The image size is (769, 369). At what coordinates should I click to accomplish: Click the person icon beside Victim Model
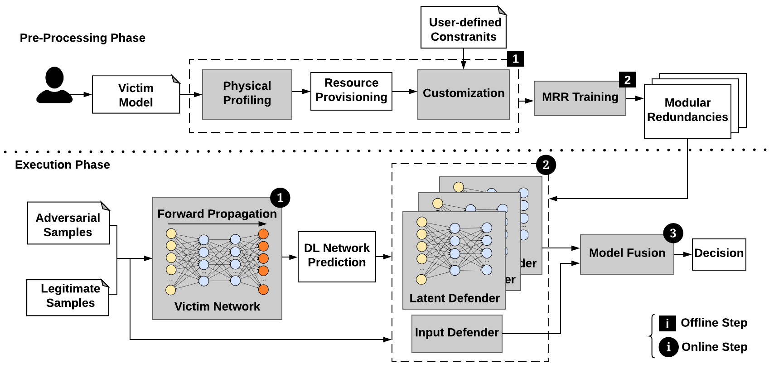[x=54, y=85]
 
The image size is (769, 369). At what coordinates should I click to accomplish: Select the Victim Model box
[x=135, y=95]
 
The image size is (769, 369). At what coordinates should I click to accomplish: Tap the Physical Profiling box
[x=247, y=94]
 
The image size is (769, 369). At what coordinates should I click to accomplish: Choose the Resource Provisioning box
[x=351, y=91]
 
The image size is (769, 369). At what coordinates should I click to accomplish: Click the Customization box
[x=463, y=94]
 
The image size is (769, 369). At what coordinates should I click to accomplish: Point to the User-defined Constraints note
[x=463, y=28]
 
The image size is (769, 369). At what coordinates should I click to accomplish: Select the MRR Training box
[x=580, y=98]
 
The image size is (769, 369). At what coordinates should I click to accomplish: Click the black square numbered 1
[x=516, y=59]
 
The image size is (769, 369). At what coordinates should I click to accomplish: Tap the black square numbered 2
[x=628, y=80]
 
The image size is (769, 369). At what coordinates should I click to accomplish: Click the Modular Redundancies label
[x=687, y=111]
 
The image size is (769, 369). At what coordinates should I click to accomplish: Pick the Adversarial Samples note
[x=68, y=224]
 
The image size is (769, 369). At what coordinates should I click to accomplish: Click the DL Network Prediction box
[x=337, y=256]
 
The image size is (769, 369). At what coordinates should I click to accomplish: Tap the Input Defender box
[x=457, y=333]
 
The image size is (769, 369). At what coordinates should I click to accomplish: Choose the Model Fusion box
[x=627, y=254]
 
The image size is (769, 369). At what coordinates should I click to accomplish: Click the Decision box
[x=719, y=254]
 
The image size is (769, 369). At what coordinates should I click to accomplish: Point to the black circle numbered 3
[x=673, y=233]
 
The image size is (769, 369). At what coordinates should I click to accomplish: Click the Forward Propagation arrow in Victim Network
[x=217, y=224]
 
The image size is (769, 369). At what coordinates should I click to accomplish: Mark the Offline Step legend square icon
[x=667, y=324]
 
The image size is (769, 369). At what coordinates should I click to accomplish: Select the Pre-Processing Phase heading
[x=82, y=38]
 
